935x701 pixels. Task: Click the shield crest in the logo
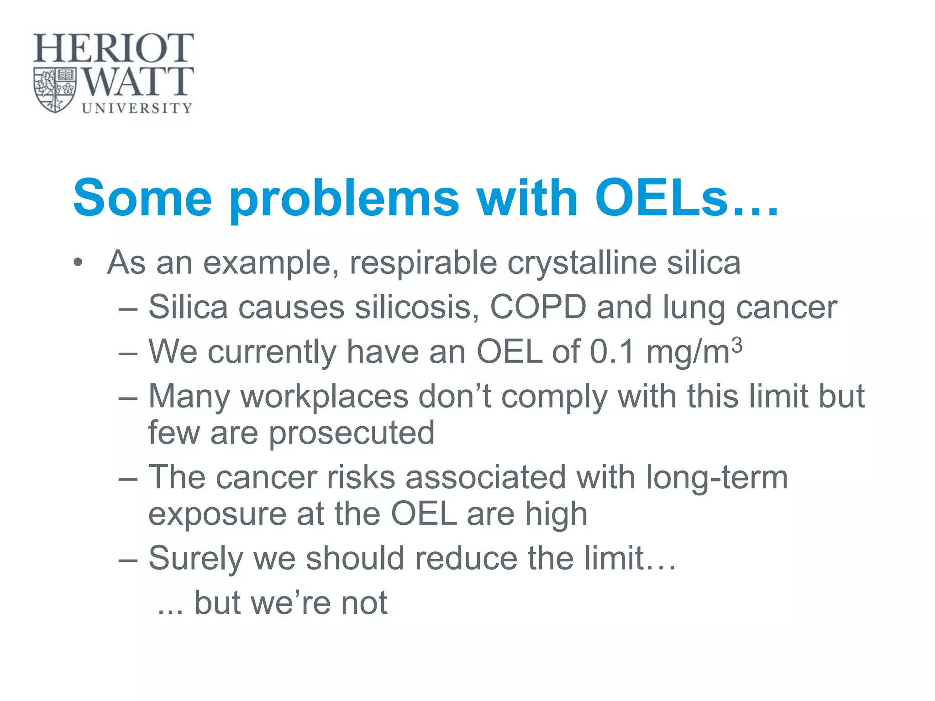(x=55, y=89)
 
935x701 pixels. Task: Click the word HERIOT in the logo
(x=113, y=48)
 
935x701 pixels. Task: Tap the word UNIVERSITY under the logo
(x=137, y=108)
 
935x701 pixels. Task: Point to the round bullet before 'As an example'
(x=79, y=264)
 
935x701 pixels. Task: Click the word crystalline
(x=582, y=264)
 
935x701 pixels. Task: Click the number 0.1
(x=612, y=352)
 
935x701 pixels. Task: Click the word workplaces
(x=324, y=396)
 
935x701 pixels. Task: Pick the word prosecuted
(x=351, y=433)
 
